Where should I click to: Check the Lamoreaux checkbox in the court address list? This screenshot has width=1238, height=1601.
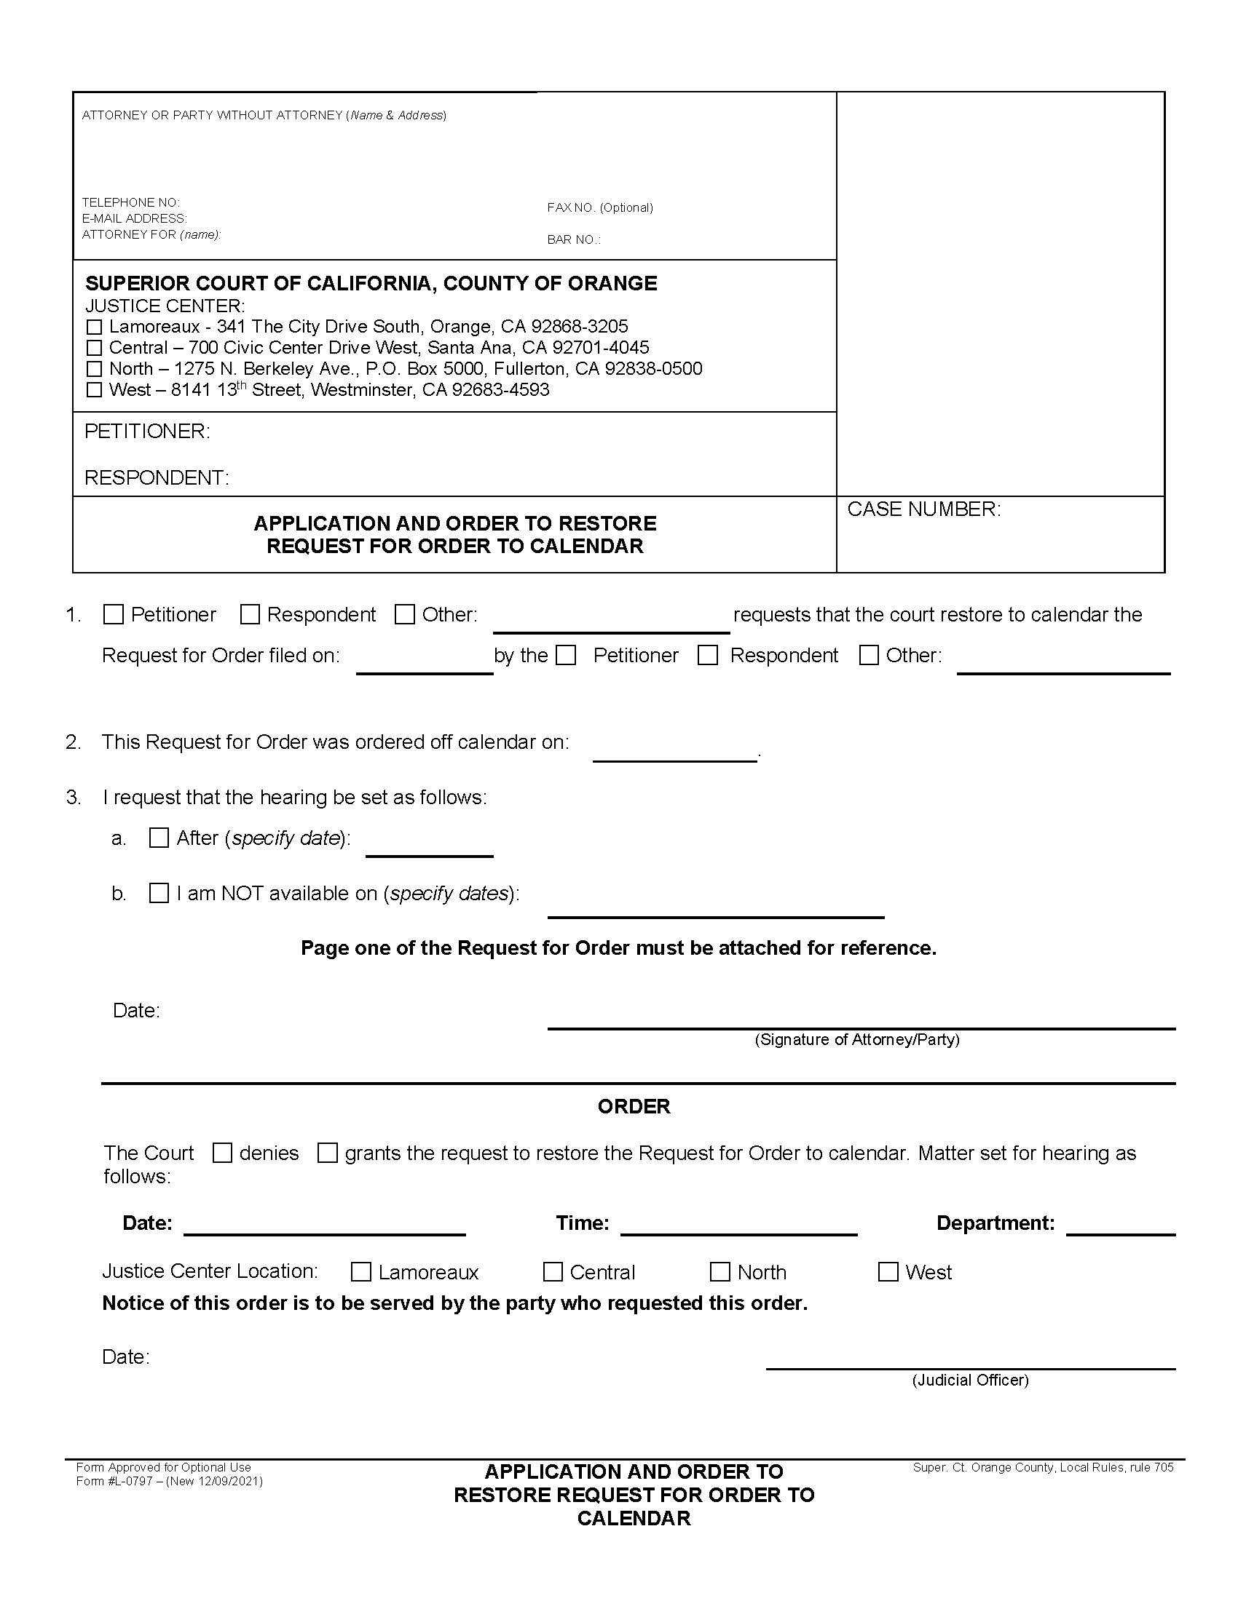click(x=94, y=327)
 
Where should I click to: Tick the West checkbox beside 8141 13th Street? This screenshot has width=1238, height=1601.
click(x=94, y=390)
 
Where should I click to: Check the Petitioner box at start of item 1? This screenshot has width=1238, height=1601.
click(x=114, y=614)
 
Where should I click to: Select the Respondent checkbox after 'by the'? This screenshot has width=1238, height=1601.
click(x=708, y=656)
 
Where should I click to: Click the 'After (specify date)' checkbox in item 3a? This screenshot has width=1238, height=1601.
click(x=159, y=838)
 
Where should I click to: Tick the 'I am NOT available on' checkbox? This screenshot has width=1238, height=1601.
click(x=159, y=893)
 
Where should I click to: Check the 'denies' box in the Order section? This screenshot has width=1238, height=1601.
click(x=222, y=1153)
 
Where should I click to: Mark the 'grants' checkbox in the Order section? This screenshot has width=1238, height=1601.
click(x=328, y=1153)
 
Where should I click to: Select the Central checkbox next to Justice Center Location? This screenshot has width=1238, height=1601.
click(x=553, y=1272)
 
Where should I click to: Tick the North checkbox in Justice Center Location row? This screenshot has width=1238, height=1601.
click(x=720, y=1272)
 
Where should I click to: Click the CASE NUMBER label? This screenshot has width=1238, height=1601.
click(x=923, y=509)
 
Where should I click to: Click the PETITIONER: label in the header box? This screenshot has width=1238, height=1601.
click(x=147, y=432)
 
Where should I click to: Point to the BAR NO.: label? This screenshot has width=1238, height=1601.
click(x=574, y=239)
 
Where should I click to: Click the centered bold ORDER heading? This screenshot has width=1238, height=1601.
click(x=634, y=1107)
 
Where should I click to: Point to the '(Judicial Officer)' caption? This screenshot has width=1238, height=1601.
click(x=969, y=1380)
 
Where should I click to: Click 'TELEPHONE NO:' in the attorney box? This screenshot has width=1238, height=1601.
click(x=130, y=202)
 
